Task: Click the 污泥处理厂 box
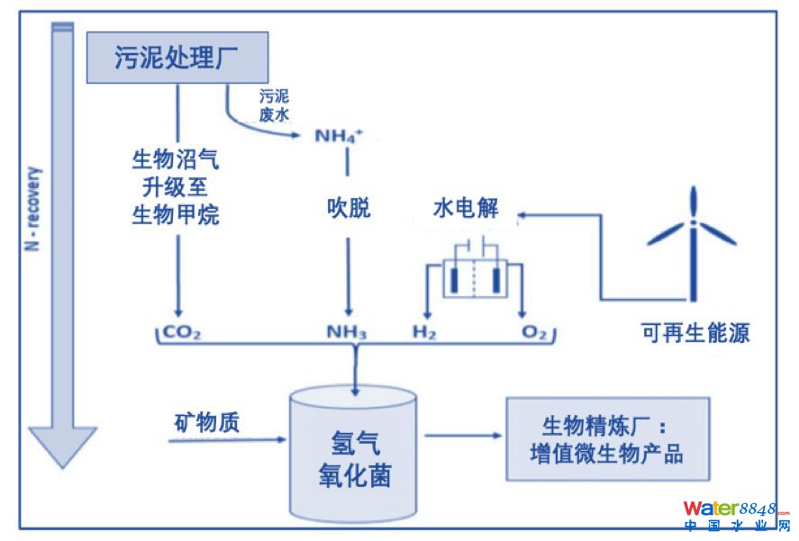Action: click(178, 57)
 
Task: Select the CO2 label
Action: click(181, 333)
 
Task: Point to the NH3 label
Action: click(347, 333)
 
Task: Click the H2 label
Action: click(424, 333)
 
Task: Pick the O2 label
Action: click(534, 333)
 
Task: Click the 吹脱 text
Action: click(348, 209)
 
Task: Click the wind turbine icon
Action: click(692, 239)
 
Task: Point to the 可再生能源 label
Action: click(695, 333)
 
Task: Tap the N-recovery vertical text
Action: click(34, 207)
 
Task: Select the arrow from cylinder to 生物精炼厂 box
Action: click(462, 436)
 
